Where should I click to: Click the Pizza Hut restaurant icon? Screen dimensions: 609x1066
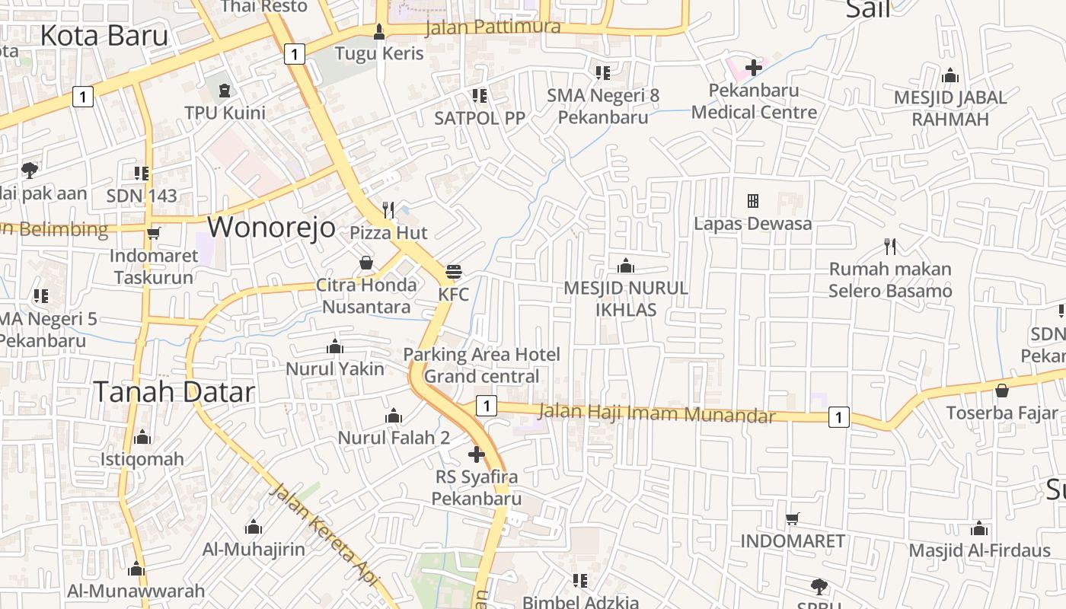click(x=388, y=209)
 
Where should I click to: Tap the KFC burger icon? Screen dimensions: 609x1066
click(x=454, y=272)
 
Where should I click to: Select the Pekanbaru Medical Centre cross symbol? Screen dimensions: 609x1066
click(x=754, y=67)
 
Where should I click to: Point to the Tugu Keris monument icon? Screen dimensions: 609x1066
click(x=379, y=32)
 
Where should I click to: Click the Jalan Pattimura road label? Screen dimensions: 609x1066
click(x=493, y=27)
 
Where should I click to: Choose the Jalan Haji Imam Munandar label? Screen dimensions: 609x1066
click(x=656, y=413)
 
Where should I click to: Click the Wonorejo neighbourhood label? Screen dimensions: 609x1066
click(x=271, y=227)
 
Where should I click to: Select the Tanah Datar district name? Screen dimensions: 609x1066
click(x=174, y=391)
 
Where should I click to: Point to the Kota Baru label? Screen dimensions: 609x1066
click(x=104, y=35)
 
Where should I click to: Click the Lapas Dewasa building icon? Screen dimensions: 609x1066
click(x=753, y=201)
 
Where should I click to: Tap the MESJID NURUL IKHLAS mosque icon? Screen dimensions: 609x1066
click(x=626, y=266)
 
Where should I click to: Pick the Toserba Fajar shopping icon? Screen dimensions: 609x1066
click(x=1002, y=391)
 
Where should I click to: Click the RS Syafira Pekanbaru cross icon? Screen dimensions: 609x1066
click(x=477, y=455)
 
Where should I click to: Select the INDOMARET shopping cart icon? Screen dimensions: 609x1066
click(x=793, y=518)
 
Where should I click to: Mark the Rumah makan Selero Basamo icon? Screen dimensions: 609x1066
click(x=890, y=246)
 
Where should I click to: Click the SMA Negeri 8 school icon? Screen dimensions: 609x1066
click(x=603, y=73)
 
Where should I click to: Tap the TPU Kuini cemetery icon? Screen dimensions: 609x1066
click(x=225, y=91)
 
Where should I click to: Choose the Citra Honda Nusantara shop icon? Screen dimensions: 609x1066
click(x=366, y=263)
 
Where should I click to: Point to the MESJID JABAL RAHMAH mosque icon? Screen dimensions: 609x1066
click(x=950, y=75)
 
